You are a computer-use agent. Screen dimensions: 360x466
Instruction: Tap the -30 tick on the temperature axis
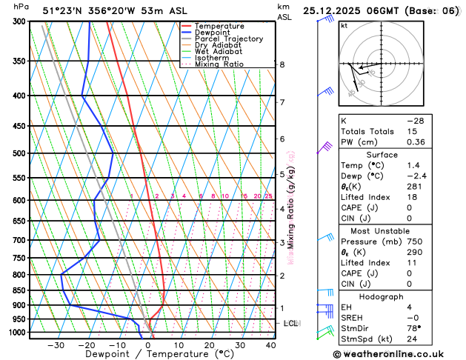[56, 344]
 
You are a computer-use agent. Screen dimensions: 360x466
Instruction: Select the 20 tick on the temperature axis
[210, 344]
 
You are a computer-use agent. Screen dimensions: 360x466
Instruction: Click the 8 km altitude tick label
[282, 64]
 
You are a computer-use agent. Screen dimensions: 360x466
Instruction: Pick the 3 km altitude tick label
[282, 242]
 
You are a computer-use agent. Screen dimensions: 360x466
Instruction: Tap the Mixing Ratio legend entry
[223, 64]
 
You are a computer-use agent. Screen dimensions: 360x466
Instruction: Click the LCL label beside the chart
[290, 324]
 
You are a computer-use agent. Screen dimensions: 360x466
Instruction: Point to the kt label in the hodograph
[344, 25]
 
